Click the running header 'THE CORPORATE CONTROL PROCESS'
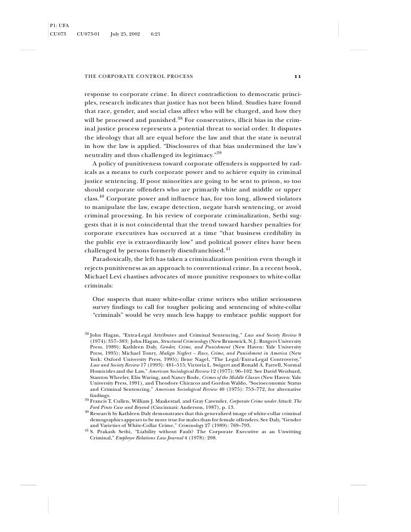click(138, 76)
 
